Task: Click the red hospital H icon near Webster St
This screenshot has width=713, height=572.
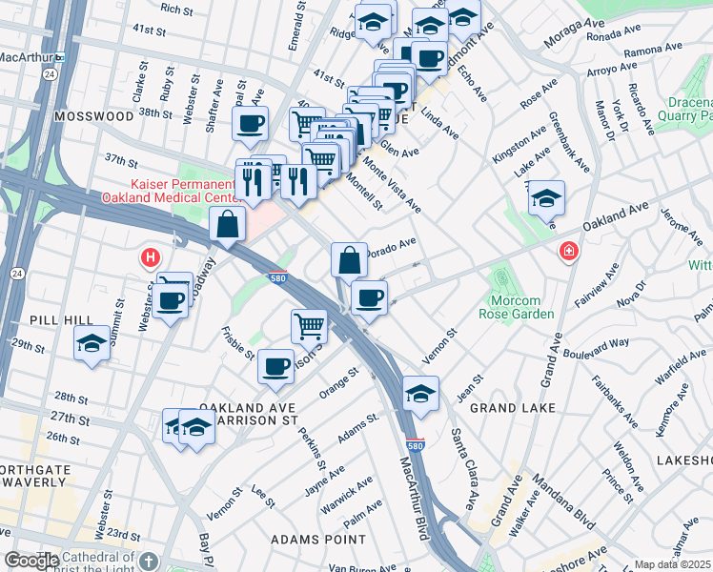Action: coord(150,257)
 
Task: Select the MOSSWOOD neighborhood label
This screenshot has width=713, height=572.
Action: coord(94,115)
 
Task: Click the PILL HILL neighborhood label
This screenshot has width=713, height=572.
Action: coord(33,320)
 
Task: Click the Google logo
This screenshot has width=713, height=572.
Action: coord(31,561)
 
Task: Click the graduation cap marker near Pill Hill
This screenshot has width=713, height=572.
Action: coord(92,344)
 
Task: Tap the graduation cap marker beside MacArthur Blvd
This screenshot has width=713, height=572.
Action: coord(419,393)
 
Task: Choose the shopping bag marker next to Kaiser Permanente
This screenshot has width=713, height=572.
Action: coord(229,225)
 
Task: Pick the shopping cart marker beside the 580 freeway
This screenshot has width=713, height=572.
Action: coord(309,326)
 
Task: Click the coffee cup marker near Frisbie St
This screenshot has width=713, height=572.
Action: coord(276,365)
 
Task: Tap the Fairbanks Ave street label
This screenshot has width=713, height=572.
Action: coord(615,401)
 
